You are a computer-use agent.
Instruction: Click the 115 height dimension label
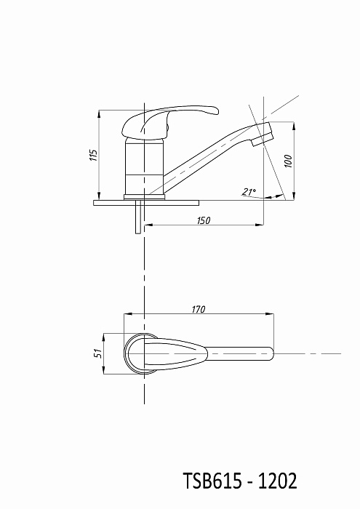point(94,156)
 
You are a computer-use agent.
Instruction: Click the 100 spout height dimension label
point(288,161)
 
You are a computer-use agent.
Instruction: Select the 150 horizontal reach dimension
point(204,220)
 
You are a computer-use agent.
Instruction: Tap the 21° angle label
point(249,192)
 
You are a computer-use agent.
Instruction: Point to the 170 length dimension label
point(199,309)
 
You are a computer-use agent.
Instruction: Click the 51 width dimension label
point(99,353)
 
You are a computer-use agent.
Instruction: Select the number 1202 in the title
point(278,481)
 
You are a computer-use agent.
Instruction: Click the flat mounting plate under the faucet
point(146,203)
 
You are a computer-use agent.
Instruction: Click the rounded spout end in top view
point(271,353)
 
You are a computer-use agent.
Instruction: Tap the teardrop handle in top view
point(175,353)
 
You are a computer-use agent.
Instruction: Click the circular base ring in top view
point(127,353)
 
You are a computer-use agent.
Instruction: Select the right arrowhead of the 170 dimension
point(270,314)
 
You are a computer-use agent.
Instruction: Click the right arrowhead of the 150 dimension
point(260,224)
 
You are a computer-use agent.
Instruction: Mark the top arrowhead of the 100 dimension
point(294,127)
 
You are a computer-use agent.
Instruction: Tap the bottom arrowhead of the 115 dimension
point(99,196)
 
